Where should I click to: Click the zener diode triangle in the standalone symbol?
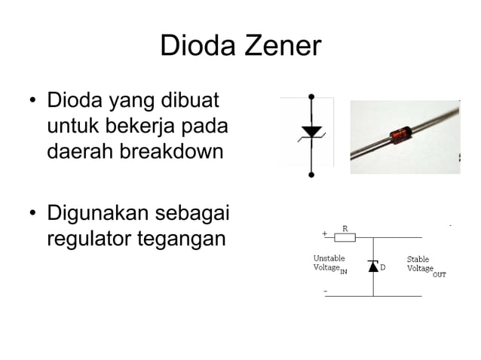[x=311, y=133]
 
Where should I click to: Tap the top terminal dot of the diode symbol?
[x=311, y=97]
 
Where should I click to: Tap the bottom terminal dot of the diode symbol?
[x=311, y=175]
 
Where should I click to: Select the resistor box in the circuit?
[x=345, y=237]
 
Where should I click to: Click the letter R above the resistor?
[x=345, y=227]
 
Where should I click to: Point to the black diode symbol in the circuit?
[x=372, y=266]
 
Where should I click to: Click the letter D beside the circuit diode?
[x=382, y=267]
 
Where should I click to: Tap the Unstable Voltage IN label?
[x=330, y=264]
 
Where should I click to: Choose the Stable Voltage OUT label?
[x=424, y=265]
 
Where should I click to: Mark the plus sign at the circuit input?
[x=325, y=233]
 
